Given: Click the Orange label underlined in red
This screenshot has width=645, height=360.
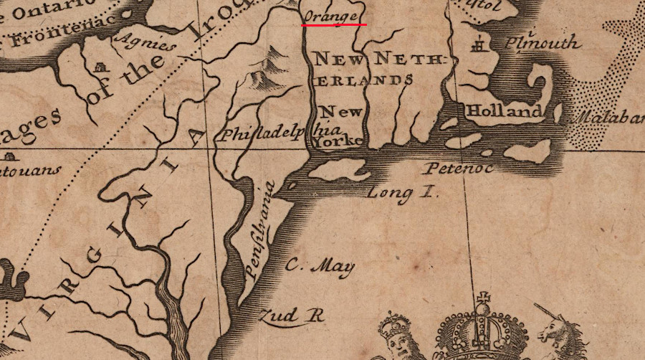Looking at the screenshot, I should point(330,14).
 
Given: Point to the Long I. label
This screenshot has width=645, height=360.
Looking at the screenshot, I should point(402,192).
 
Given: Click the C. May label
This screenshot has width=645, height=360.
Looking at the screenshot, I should point(320,267).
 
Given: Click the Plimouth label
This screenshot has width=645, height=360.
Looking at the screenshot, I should point(541,43).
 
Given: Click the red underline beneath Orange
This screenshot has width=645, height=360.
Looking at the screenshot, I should point(334,24).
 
